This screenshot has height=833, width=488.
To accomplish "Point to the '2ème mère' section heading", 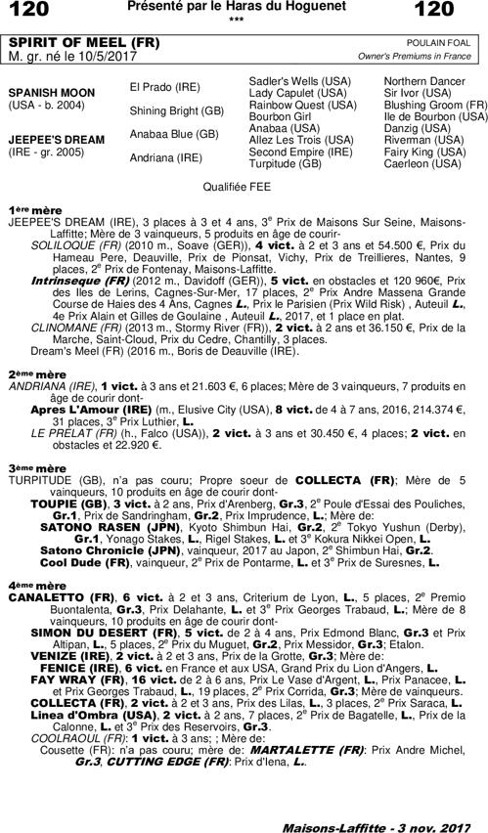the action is coord(37,373).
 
